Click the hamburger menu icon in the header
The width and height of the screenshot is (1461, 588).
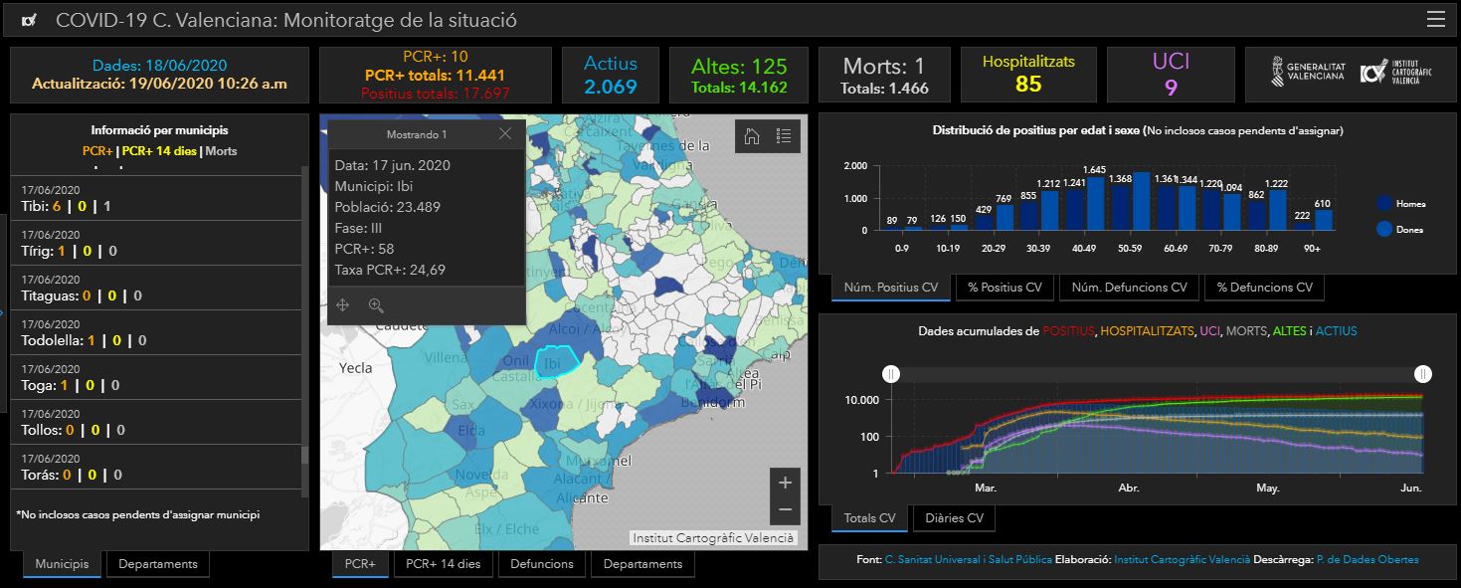[1435, 20]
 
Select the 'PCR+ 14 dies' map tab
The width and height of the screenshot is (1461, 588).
[445, 564]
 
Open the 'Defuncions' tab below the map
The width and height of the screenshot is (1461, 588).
[542, 564]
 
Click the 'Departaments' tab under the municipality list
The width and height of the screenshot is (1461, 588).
[158, 564]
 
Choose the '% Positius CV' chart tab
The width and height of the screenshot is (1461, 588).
[1004, 288]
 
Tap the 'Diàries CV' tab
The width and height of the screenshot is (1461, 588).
[954, 518]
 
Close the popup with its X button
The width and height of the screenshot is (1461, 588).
[505, 134]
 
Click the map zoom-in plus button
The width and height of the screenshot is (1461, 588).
[785, 483]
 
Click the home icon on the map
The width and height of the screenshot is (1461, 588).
[752, 136]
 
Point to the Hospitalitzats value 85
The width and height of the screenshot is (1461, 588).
[1028, 85]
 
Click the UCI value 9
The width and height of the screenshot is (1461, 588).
[1171, 88]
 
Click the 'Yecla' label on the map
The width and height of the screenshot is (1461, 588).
[355, 368]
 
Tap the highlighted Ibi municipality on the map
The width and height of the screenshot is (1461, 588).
[553, 363]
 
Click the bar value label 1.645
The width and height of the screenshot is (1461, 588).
[1095, 170]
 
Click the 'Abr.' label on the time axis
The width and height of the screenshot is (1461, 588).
[1129, 489]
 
